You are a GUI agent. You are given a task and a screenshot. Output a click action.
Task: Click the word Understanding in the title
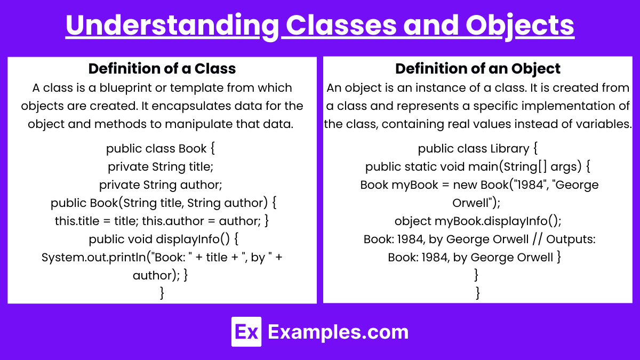pyautogui.click(x=172, y=26)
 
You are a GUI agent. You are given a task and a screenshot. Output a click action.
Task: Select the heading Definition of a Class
pyautogui.click(x=162, y=69)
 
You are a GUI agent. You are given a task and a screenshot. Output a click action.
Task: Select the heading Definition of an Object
pyautogui.click(x=478, y=69)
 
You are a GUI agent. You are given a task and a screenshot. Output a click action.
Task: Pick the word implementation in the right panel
pyautogui.click(x=546, y=106)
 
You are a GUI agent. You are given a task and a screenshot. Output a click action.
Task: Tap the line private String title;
pyautogui.click(x=161, y=166)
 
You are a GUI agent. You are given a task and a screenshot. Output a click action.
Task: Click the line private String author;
pyautogui.click(x=161, y=185)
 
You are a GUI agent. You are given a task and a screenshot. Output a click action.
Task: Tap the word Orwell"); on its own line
pyautogui.click(x=476, y=203)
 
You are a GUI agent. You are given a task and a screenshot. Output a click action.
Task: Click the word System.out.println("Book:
pyautogui.click(x=114, y=258)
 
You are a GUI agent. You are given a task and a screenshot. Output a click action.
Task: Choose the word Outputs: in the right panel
pyautogui.click(x=571, y=239)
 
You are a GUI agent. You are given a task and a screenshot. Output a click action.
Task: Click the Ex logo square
pyautogui.click(x=246, y=332)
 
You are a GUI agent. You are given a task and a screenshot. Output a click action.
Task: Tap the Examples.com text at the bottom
pyautogui.click(x=338, y=332)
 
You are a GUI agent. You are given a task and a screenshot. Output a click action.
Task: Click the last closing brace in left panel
pyautogui.click(x=162, y=293)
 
